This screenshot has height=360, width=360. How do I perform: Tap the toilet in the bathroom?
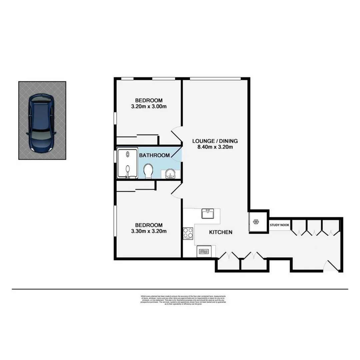148,171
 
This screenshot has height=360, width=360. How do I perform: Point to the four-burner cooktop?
188,232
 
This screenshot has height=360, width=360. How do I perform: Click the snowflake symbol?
256,222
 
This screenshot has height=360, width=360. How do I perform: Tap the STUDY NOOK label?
279,225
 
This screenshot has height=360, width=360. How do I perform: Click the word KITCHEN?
220,232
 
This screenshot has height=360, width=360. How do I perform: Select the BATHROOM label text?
154,155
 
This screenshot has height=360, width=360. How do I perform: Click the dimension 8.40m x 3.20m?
215,147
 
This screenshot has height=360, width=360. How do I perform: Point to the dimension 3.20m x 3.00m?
149,107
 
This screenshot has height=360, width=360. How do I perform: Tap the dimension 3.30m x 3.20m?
149,231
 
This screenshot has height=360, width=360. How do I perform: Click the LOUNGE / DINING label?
215,140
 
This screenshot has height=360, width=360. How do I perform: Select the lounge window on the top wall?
215,79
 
